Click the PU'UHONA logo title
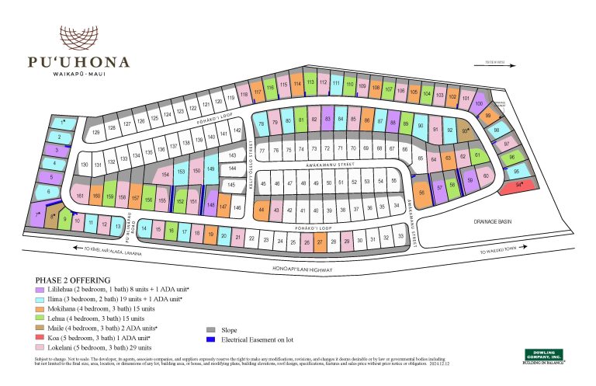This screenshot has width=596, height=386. [x=78, y=62]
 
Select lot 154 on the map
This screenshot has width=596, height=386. [x=165, y=176]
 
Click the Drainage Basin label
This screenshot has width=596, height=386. [x=494, y=221]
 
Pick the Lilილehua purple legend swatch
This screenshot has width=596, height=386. [x=40, y=289]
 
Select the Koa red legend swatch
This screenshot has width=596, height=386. [x=40, y=337]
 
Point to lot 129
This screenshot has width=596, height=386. [x=96, y=133]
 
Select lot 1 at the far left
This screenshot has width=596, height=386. [x=63, y=123]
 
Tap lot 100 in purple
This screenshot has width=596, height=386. [x=479, y=103]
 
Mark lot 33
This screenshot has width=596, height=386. [x=400, y=236]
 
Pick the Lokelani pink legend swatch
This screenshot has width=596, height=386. [x=40, y=347]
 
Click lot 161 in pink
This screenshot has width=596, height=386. [x=80, y=196]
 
